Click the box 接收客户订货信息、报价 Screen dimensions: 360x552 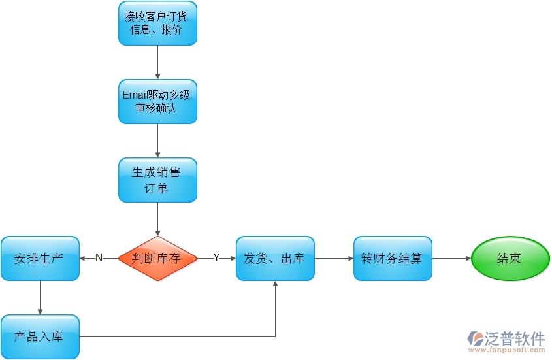tap(157, 24)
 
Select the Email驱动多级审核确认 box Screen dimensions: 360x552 tap(157, 102)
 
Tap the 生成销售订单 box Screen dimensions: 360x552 tap(157, 180)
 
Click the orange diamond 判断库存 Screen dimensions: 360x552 tap(157, 258)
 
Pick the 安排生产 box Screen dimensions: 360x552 tap(40, 258)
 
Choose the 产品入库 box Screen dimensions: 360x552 tap(40, 336)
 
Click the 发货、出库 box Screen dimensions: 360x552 tap(275, 258)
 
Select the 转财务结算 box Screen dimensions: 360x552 tap(393, 258)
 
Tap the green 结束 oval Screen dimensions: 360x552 tap(510, 258)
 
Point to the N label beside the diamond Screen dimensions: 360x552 tap(99, 258)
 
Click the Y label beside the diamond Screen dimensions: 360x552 tap(216, 258)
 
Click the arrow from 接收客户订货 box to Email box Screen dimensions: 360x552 tap(157, 62)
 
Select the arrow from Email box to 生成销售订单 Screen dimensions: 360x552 tap(157, 140)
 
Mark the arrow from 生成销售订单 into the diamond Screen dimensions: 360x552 tap(157, 219)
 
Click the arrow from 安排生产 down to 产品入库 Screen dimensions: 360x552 tap(40, 297)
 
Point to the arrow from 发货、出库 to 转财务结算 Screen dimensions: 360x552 tap(334, 258)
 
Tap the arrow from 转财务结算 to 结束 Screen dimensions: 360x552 tap(451, 258)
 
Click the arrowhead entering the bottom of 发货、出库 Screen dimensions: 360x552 tap(275, 284)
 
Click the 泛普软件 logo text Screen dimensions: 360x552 tap(515, 337)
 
